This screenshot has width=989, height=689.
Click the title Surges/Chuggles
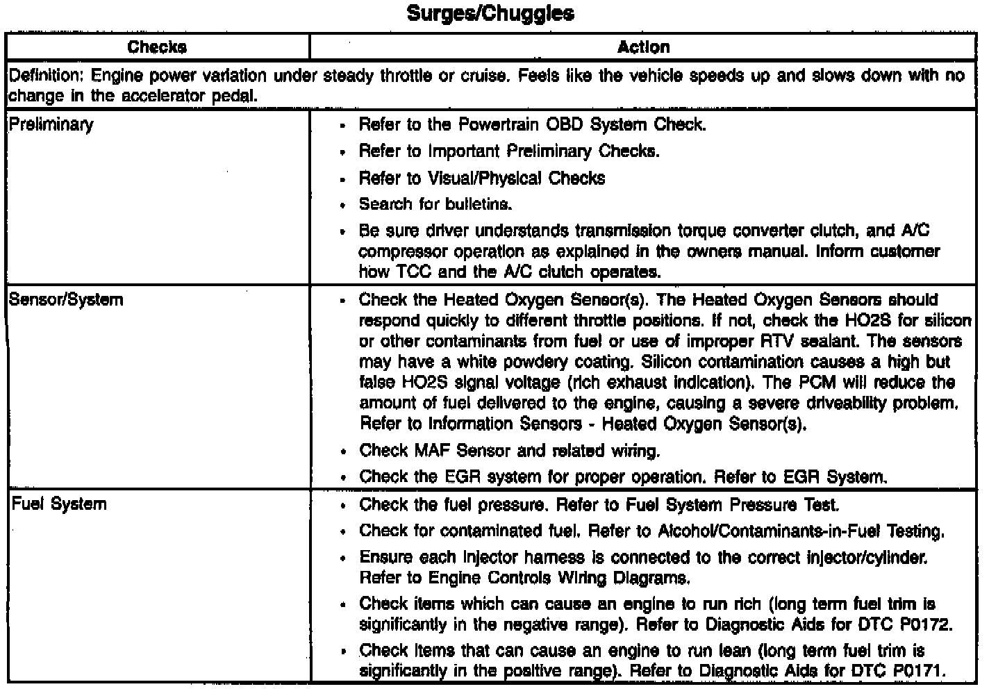coord(490,13)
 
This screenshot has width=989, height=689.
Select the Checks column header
coord(157,47)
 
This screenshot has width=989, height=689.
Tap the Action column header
coord(643,47)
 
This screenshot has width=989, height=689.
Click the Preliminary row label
coord(51,125)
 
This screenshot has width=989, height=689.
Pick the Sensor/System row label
coord(67,300)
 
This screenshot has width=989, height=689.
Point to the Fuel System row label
coord(59,504)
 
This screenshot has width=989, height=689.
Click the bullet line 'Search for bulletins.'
coord(435,204)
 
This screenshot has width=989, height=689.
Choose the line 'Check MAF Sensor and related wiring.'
coord(509,451)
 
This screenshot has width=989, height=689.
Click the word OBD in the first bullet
coord(563,125)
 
